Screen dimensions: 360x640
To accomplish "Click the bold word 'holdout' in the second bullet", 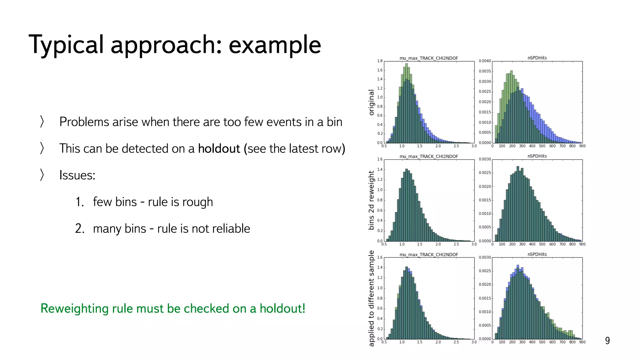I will [219, 148].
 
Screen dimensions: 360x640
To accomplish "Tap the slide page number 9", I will [607, 340].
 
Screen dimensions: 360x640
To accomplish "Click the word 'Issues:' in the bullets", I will [77, 175].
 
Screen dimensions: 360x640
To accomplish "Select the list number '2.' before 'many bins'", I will [80, 228].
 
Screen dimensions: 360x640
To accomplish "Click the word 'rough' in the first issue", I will [197, 202].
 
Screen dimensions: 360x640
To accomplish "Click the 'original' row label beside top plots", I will [371, 102].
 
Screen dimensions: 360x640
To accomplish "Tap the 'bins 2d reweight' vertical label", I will [371, 200].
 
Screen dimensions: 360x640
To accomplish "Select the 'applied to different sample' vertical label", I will [371, 298].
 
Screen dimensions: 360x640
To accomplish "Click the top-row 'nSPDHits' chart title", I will [537, 58].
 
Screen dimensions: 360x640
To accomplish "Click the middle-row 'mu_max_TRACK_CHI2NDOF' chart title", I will [428, 156].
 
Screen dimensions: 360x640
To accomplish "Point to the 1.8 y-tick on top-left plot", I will [380, 61].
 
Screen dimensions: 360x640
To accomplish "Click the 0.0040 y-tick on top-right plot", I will [485, 61].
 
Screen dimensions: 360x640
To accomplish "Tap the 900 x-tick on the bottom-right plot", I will [582, 342].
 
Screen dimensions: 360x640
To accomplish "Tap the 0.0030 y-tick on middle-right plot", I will [485, 159].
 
